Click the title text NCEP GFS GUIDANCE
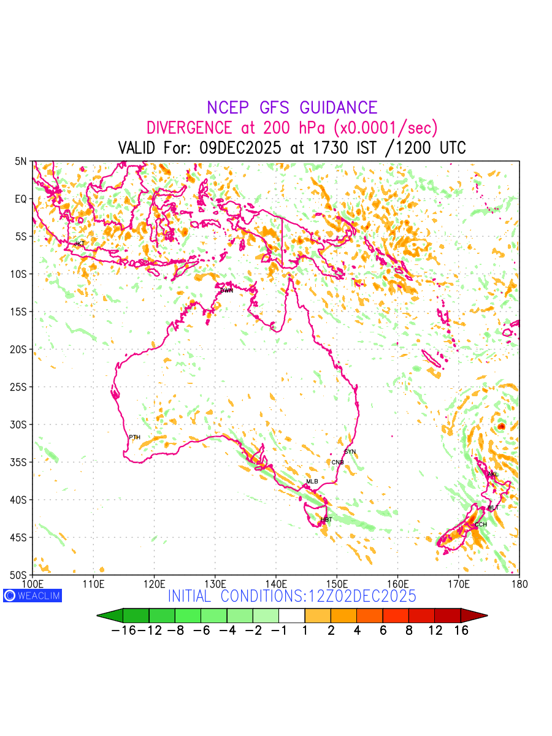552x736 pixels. click(292, 108)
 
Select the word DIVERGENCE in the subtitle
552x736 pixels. click(189, 128)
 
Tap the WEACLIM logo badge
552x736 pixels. click(33, 595)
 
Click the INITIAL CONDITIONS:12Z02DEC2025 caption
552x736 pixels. click(292, 596)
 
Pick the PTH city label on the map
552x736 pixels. click(134, 437)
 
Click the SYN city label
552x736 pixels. click(350, 452)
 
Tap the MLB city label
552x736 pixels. click(312, 481)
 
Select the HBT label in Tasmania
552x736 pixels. click(326, 520)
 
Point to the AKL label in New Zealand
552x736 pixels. click(493, 474)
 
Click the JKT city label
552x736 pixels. click(79, 243)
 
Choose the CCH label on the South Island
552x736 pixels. click(481, 524)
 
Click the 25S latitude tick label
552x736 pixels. click(21, 387)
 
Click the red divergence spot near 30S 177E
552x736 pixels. click(501, 426)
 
